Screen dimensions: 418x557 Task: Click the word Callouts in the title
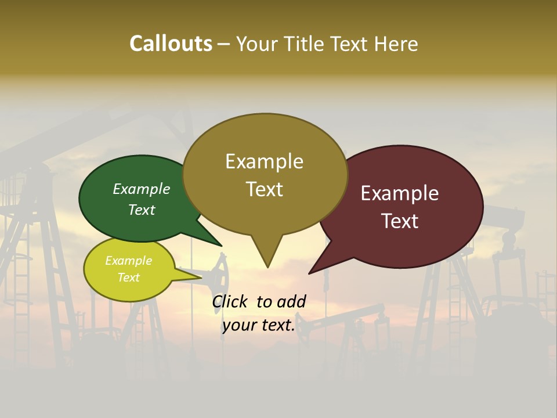point(171,44)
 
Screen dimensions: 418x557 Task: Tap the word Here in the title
point(395,44)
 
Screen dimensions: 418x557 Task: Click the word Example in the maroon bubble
point(400,193)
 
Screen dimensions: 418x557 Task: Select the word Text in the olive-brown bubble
point(265,189)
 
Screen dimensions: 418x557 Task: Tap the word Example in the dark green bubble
point(142,189)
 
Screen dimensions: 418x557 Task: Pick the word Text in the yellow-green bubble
point(128,278)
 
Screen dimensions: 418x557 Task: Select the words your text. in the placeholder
point(259,325)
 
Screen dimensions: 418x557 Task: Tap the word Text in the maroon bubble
point(400,221)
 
